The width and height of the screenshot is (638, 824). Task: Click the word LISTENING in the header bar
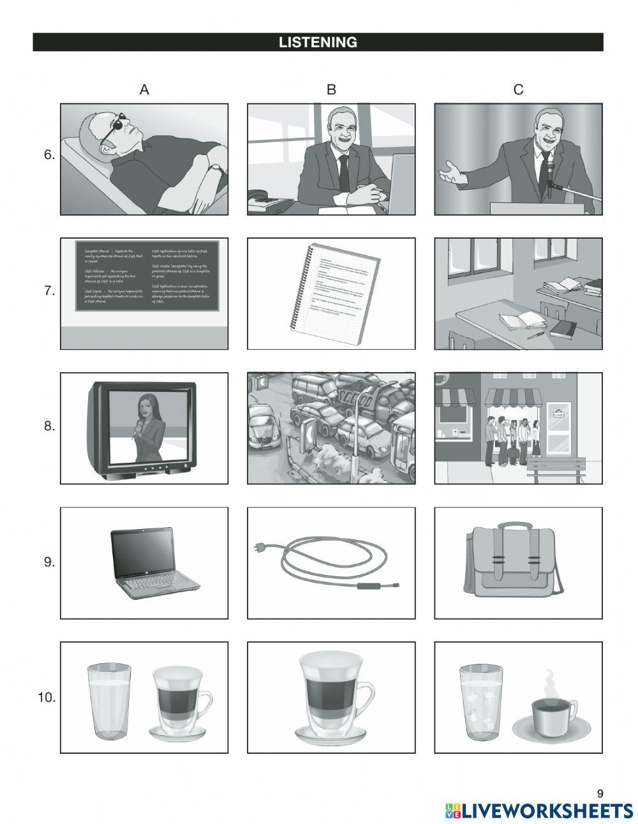coord(318,43)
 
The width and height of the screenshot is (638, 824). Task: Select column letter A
coord(144,90)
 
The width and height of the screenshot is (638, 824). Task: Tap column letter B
coord(331,90)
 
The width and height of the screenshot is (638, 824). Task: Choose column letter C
coord(518,90)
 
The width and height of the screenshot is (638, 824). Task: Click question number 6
coord(49,155)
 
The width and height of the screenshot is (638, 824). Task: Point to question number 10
coord(47,698)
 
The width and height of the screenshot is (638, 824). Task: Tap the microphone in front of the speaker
coord(549,172)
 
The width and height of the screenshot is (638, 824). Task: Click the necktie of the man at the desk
coord(344,172)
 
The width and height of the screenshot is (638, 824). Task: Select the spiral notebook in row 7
coord(335,294)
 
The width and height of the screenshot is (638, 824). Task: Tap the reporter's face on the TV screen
coord(144,405)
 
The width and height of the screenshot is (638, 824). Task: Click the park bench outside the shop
coord(554,468)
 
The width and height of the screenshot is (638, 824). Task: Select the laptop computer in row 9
coord(155,564)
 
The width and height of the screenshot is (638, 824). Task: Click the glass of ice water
coord(480,702)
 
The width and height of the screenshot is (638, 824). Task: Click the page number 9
coord(599,793)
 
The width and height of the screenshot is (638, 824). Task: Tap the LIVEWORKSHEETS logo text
coord(547,811)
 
